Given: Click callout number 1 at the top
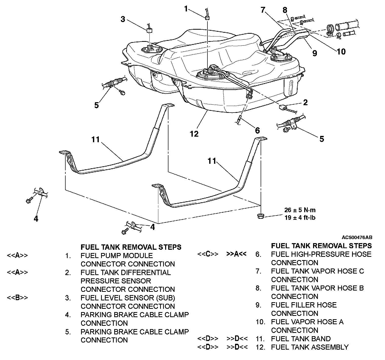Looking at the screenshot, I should pyautogui.click(x=186, y=9).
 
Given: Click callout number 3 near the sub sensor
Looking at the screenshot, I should pyautogui.click(x=123, y=19).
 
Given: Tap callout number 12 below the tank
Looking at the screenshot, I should pyautogui.click(x=194, y=134).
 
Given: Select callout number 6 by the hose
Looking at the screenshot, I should pyautogui.click(x=257, y=131).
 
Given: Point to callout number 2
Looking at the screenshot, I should pyautogui.click(x=305, y=102).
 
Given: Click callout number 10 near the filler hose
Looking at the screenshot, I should pyautogui.click(x=341, y=51).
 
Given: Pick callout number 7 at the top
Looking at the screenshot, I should pyautogui.click(x=263, y=10).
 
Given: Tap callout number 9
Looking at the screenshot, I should pyautogui.click(x=314, y=53).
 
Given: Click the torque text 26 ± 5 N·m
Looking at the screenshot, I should pyautogui.click(x=300, y=210).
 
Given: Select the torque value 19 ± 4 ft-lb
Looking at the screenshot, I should pyautogui.click(x=300, y=218).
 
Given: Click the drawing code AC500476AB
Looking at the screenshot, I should pyautogui.click(x=357, y=238).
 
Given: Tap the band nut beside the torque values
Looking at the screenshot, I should pyautogui.click(x=260, y=216).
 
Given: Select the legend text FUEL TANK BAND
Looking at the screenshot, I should pyautogui.click(x=301, y=339).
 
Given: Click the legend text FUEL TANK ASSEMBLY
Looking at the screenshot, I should pyautogui.click(x=310, y=347).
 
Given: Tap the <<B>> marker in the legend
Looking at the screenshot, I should pyautogui.click(x=17, y=298).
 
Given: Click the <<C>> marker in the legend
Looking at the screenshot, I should pyautogui.click(x=208, y=254).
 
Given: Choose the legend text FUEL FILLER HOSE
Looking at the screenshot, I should pyautogui.click(x=304, y=305).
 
